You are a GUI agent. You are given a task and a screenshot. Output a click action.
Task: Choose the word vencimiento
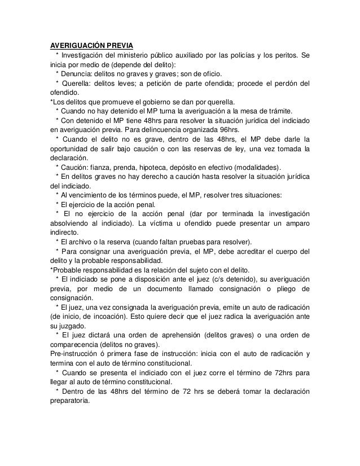(89, 196)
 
